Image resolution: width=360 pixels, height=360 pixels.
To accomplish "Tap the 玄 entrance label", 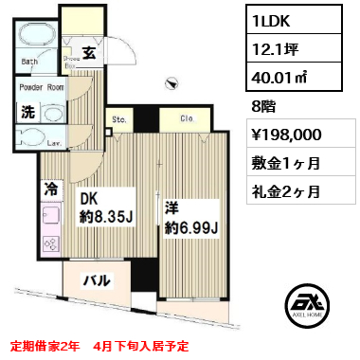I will coord(86,53).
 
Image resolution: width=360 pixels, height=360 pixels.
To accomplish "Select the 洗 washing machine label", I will coord(28,110).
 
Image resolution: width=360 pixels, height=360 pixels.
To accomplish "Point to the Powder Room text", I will coord(41,85).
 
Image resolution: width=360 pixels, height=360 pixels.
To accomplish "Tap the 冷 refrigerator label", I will coord(48,189).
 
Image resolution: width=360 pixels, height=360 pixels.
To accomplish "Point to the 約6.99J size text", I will coord(190,227).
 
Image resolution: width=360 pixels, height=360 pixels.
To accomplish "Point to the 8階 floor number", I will coord(264,107).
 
